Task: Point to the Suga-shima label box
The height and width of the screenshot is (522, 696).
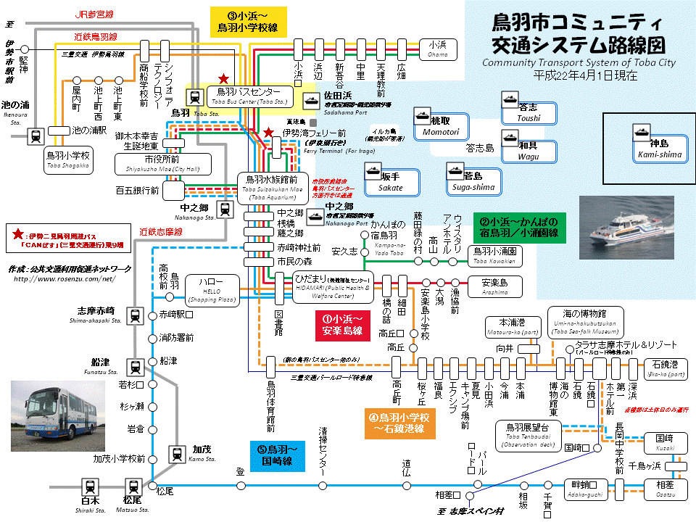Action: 473,181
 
